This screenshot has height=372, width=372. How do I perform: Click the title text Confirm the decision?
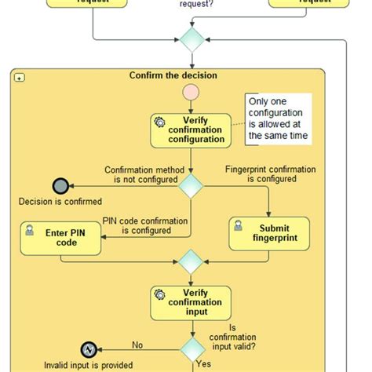[173, 76]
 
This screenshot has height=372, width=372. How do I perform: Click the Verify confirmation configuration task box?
[191, 130]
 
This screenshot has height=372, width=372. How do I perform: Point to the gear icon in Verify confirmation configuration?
[160, 122]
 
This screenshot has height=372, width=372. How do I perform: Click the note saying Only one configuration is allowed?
[277, 119]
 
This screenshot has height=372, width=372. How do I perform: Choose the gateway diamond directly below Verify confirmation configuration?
[191, 185]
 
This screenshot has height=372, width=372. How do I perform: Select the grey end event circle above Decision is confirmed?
[60, 186]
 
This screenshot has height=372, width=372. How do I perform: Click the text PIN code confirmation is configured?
[147, 225]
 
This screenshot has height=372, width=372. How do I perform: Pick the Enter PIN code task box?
[61, 238]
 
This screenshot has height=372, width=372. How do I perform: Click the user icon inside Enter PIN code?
[30, 229]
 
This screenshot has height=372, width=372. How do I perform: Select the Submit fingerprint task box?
[269, 234]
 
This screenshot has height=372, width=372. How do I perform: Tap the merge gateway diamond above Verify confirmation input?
[191, 261]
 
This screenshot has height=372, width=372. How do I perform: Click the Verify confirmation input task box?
[191, 302]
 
